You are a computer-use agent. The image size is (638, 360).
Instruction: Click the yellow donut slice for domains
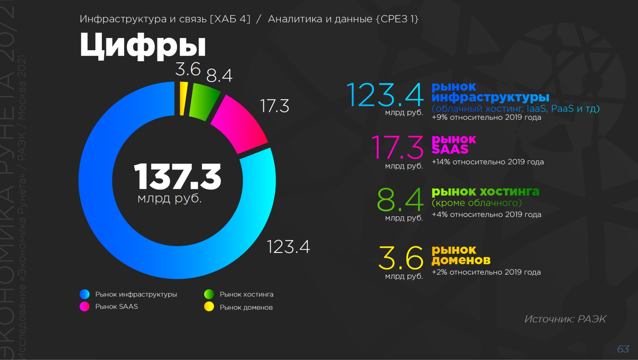pos(184,98)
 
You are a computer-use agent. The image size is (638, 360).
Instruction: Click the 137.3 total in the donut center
pos(177,177)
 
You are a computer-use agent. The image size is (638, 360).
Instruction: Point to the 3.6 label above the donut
pos(188,69)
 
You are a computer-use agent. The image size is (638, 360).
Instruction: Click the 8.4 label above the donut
pos(219,75)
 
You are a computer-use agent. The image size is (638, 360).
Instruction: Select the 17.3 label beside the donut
pos(274,106)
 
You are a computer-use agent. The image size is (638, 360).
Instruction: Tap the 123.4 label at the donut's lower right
pos(288,247)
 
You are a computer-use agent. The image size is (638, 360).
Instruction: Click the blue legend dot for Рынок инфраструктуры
pos(85,294)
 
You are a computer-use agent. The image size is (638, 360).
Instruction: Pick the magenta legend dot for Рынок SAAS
pos(85,307)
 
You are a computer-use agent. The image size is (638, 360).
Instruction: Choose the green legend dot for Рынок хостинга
pos(209,294)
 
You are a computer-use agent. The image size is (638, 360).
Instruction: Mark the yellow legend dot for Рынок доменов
pos(209,307)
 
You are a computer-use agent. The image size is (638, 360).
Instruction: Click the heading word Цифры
pos(143,46)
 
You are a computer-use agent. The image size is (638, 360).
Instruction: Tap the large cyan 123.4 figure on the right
pos(385,95)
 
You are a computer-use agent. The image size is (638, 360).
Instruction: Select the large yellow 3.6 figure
pos(401,258)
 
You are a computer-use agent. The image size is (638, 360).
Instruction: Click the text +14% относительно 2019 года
pos(488,162)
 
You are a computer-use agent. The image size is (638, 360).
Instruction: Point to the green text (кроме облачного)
pos(477,203)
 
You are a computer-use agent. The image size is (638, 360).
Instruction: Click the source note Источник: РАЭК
pos(565,319)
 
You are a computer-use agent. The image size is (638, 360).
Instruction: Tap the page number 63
pos(623,349)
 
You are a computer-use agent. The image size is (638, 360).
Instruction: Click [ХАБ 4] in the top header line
pos(230,19)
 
